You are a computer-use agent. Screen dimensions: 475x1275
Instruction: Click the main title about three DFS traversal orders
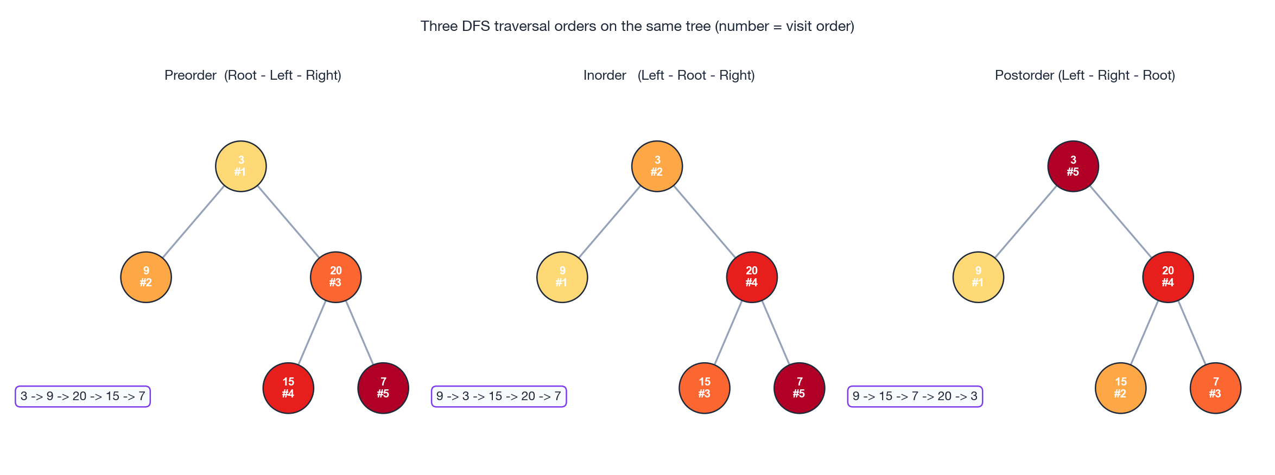[637, 26]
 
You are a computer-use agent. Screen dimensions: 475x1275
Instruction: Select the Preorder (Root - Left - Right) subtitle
[253, 75]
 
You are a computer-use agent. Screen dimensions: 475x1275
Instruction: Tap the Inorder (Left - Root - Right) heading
[669, 75]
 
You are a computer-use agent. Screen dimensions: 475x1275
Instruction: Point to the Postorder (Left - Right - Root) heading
[1084, 75]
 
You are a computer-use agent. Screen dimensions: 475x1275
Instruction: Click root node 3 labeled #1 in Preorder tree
[241, 166]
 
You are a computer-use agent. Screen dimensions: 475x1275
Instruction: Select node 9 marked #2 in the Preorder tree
[146, 277]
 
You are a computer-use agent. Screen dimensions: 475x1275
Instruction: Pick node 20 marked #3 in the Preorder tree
[336, 277]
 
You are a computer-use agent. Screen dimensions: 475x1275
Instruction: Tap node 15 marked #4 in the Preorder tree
[288, 388]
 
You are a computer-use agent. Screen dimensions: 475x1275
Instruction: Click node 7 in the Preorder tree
[383, 388]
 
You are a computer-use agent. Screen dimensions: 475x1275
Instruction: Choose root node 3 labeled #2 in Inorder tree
[657, 166]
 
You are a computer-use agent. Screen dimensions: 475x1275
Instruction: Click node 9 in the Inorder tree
[562, 277]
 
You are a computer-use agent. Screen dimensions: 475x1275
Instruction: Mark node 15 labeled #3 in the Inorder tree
[705, 388]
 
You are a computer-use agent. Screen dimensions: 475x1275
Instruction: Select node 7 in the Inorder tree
[800, 388]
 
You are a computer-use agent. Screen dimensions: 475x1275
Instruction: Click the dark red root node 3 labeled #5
[1073, 166]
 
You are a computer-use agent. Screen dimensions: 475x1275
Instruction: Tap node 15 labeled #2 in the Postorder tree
[1121, 388]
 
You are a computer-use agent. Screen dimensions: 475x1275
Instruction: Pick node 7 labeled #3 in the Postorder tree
[1216, 388]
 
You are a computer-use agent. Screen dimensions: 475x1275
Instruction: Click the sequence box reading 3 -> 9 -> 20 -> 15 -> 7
[83, 396]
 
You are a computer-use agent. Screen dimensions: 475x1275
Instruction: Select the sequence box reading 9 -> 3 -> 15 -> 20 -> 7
[499, 396]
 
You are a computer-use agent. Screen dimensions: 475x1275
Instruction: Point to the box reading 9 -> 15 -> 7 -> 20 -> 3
[915, 396]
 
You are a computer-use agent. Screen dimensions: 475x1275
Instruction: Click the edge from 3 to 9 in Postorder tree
[1026, 221]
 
